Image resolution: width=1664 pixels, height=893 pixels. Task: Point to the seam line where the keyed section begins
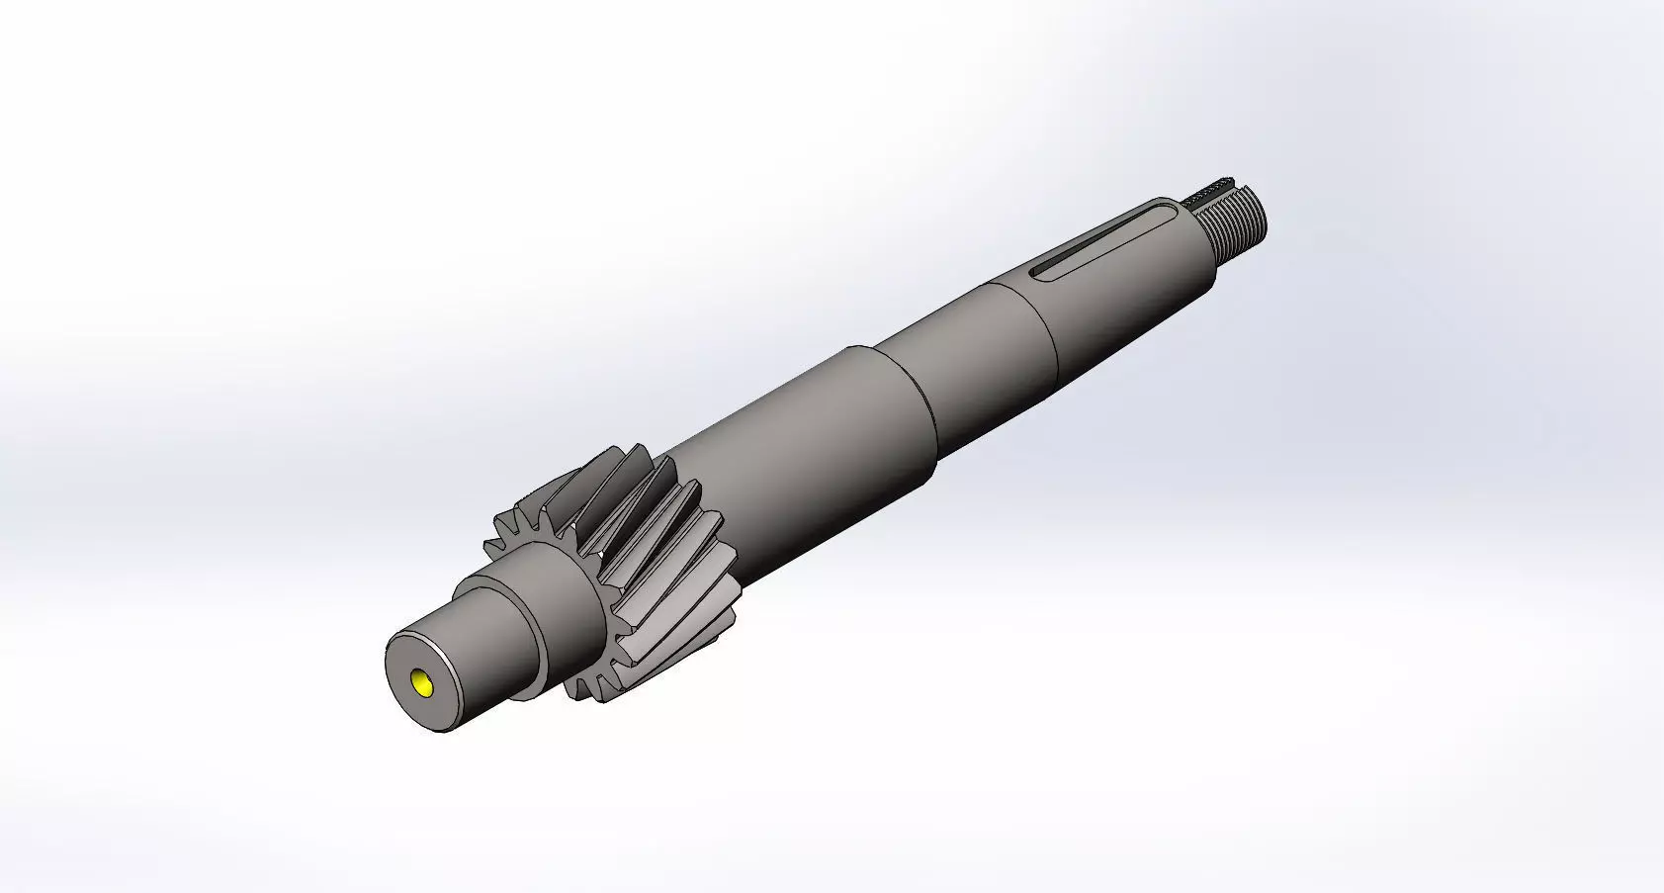pyautogui.click(x=1038, y=326)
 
